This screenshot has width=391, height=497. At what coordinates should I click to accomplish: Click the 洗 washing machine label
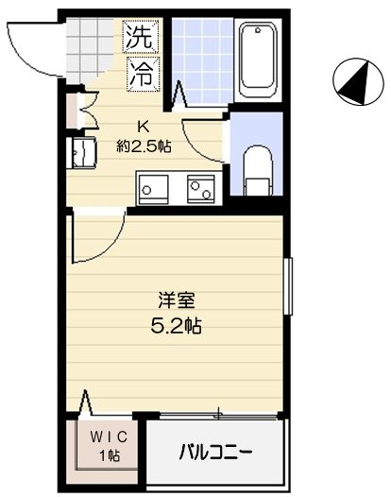[x=139, y=40]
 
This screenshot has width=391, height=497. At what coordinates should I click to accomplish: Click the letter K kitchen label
[x=144, y=126]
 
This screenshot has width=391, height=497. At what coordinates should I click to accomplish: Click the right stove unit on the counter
[x=202, y=190]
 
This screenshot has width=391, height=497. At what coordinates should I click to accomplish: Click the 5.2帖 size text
[x=178, y=327]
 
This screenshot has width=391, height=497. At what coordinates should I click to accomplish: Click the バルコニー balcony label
[x=216, y=453]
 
